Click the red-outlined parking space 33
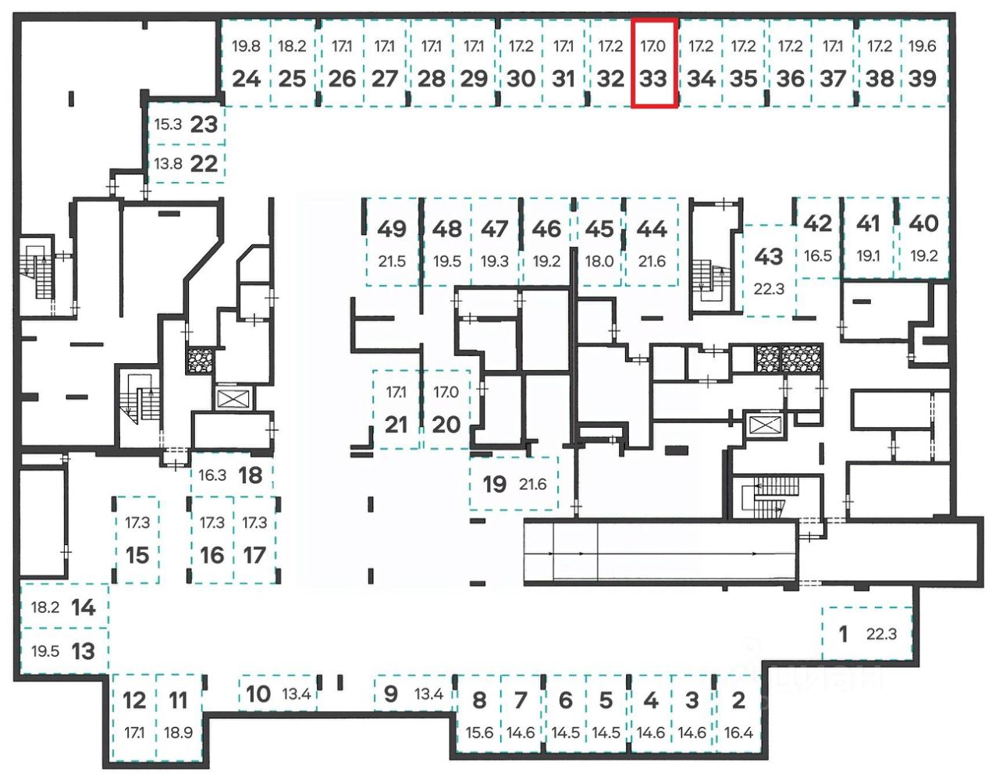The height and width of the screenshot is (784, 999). point(653,62)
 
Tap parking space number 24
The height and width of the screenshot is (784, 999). point(247,79)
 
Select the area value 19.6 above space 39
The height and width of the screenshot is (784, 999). point(923,46)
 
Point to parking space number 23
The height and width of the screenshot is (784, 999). point(204,124)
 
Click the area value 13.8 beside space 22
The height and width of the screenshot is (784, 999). point(168,163)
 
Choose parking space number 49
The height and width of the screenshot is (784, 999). point(392,229)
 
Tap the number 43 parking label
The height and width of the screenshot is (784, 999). point(769,256)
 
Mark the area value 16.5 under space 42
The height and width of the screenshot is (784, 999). point(818,255)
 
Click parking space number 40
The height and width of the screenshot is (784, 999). point(923,223)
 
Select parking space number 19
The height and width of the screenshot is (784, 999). point(495,483)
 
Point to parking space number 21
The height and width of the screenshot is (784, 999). point(396,425)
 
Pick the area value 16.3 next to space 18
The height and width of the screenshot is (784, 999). point(212,475)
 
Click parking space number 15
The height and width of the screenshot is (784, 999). point(137,555)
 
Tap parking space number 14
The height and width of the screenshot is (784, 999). point(84,608)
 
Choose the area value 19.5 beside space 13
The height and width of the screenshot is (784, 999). point(45,651)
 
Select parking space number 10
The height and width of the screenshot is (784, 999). point(258,694)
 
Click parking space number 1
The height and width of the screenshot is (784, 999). point(843,634)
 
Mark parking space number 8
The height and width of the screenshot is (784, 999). point(479,700)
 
